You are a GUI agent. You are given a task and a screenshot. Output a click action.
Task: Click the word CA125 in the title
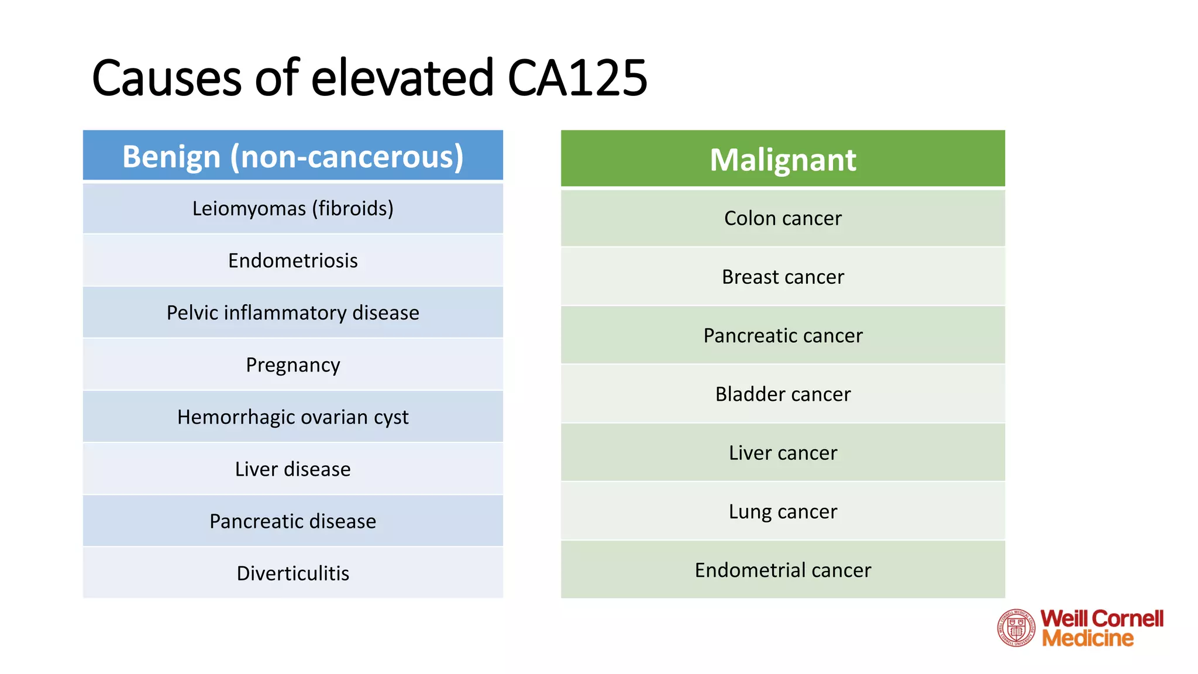click(577, 78)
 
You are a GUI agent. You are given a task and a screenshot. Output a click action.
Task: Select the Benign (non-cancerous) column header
click(293, 156)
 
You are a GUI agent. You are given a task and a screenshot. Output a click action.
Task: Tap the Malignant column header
click(783, 159)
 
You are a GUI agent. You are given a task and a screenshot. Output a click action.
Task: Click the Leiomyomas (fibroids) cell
click(293, 208)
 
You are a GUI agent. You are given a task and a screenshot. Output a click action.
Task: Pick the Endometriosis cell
click(293, 260)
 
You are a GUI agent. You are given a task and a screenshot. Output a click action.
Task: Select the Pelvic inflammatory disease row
click(293, 312)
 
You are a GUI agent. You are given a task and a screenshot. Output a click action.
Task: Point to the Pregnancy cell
click(293, 364)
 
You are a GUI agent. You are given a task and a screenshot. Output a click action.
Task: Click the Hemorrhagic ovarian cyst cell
click(293, 417)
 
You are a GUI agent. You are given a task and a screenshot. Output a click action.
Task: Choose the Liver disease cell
click(293, 469)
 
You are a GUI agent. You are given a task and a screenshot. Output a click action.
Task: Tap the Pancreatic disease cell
click(293, 521)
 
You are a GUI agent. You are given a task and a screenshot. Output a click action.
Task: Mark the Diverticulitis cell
click(293, 573)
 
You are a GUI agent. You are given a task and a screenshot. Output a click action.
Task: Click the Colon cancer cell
click(783, 218)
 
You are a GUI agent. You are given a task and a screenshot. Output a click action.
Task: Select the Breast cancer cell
click(783, 277)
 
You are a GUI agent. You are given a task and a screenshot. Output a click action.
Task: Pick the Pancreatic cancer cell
click(783, 335)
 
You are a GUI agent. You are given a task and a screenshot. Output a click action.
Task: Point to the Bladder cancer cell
click(783, 394)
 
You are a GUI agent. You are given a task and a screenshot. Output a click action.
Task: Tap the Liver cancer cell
click(783, 453)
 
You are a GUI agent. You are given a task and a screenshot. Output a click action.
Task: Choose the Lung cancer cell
click(783, 511)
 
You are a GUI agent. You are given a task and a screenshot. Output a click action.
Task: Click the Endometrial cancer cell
click(783, 570)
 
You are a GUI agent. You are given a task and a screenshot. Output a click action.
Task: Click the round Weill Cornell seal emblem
click(1016, 628)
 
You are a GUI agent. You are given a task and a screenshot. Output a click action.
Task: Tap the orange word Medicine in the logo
click(1087, 638)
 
